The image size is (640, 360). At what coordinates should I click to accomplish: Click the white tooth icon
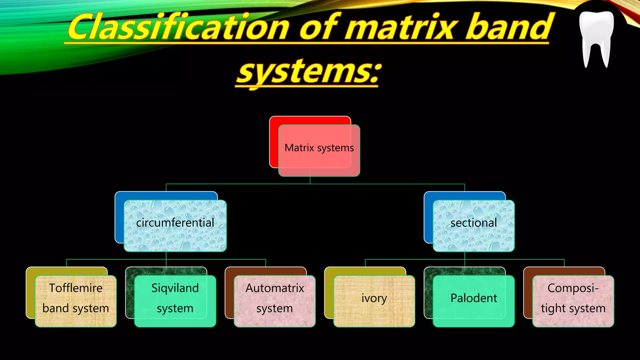tap(596, 37)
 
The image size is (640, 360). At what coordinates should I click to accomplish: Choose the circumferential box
tap(175, 226)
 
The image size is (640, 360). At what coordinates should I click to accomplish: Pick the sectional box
tap(473, 226)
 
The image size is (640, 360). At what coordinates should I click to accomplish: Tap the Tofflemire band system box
tap(76, 301)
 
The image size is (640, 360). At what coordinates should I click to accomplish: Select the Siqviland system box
tap(175, 301)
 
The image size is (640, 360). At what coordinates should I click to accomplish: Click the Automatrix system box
tap(274, 301)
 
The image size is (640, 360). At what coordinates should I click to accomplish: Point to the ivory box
tap(374, 301)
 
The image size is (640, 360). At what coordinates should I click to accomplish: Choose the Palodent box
tap(473, 301)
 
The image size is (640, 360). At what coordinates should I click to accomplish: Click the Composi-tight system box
tap(573, 301)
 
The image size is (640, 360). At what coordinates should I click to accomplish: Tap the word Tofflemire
tap(76, 288)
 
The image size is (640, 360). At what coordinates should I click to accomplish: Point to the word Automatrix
tap(274, 288)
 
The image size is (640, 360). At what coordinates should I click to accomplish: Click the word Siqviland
tap(175, 288)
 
